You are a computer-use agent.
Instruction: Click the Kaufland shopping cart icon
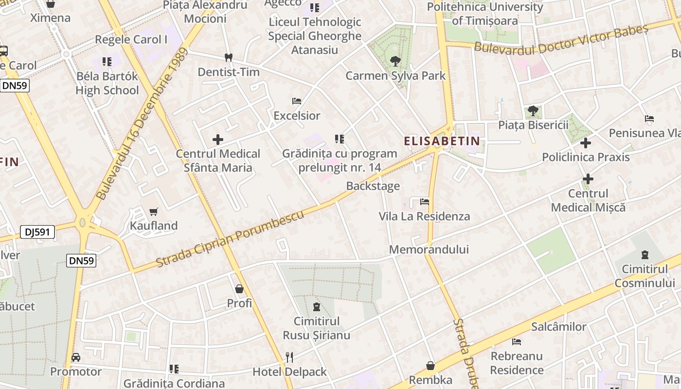[x=154, y=212]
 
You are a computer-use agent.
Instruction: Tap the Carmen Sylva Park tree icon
[x=395, y=61]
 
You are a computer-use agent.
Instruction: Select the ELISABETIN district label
[x=442, y=141]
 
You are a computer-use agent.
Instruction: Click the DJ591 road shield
[x=37, y=232]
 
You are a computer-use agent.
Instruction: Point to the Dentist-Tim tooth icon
[x=228, y=58]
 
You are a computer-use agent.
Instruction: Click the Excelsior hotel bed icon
[x=296, y=101]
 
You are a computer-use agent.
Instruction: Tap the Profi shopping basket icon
[x=239, y=289]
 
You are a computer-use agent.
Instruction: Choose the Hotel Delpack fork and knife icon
[x=289, y=357]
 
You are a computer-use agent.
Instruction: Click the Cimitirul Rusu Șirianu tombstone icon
[x=317, y=307]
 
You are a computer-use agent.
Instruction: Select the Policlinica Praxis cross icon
[x=586, y=143]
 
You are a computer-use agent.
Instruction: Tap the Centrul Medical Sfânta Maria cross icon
[x=218, y=140]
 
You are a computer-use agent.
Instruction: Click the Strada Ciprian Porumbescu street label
[x=230, y=239]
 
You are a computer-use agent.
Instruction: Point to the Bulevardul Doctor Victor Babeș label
[x=561, y=39]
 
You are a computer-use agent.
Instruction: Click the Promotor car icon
[x=76, y=357]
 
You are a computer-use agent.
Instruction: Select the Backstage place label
[x=373, y=186]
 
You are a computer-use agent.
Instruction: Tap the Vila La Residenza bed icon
[x=425, y=201]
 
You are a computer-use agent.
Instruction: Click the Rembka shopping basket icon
[x=430, y=365]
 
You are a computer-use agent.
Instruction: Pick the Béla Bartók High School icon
[x=107, y=62]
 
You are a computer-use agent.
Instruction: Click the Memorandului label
[x=429, y=249]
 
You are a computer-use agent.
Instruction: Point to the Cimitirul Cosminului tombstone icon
[x=645, y=254]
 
